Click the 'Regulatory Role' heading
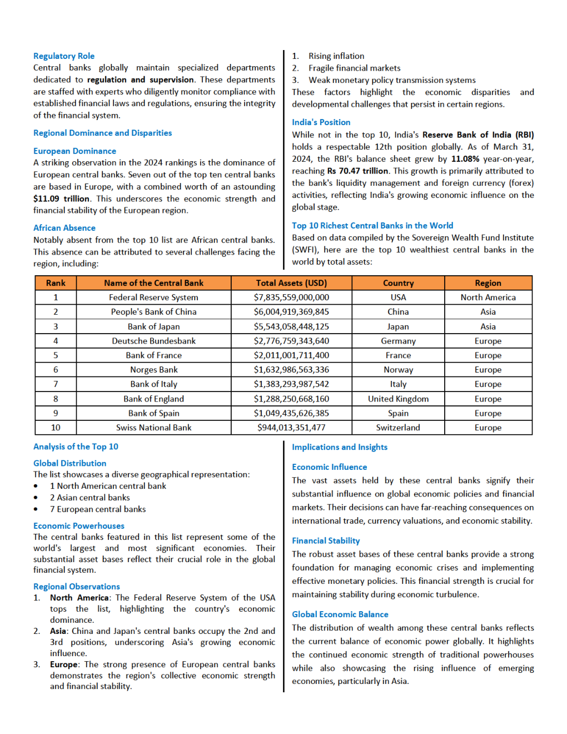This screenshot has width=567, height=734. click(x=64, y=56)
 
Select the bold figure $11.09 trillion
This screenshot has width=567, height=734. click(x=61, y=199)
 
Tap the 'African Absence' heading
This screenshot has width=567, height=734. click(x=64, y=228)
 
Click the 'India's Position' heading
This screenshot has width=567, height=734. click(x=321, y=122)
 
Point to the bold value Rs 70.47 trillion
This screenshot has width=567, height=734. click(x=358, y=171)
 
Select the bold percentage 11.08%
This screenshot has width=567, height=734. click(x=465, y=159)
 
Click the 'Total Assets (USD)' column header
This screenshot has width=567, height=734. click(x=291, y=283)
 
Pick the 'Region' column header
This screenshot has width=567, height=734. click(x=488, y=283)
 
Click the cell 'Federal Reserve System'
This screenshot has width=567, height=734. click(x=153, y=297)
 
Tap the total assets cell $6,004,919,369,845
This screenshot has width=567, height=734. click(x=291, y=312)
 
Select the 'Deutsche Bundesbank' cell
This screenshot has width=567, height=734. click(x=153, y=341)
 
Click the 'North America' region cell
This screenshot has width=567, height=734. click(x=488, y=297)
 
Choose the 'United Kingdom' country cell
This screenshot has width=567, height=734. click(x=398, y=399)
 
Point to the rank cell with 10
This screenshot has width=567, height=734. click(x=56, y=428)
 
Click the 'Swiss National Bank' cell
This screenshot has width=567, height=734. click(x=153, y=428)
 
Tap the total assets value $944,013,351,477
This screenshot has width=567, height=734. click(x=291, y=428)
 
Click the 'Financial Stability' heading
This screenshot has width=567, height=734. click(x=326, y=541)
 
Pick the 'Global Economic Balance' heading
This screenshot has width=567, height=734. click(x=340, y=614)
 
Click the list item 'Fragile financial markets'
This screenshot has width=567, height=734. click(x=354, y=68)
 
